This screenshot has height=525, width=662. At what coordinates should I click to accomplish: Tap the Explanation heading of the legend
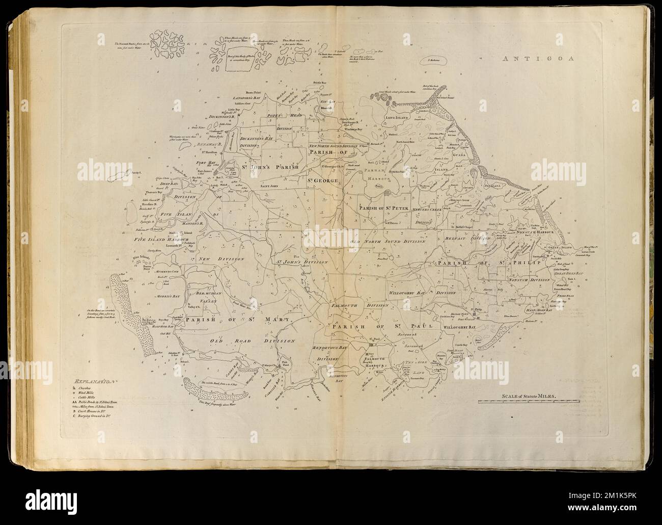[95, 381]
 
